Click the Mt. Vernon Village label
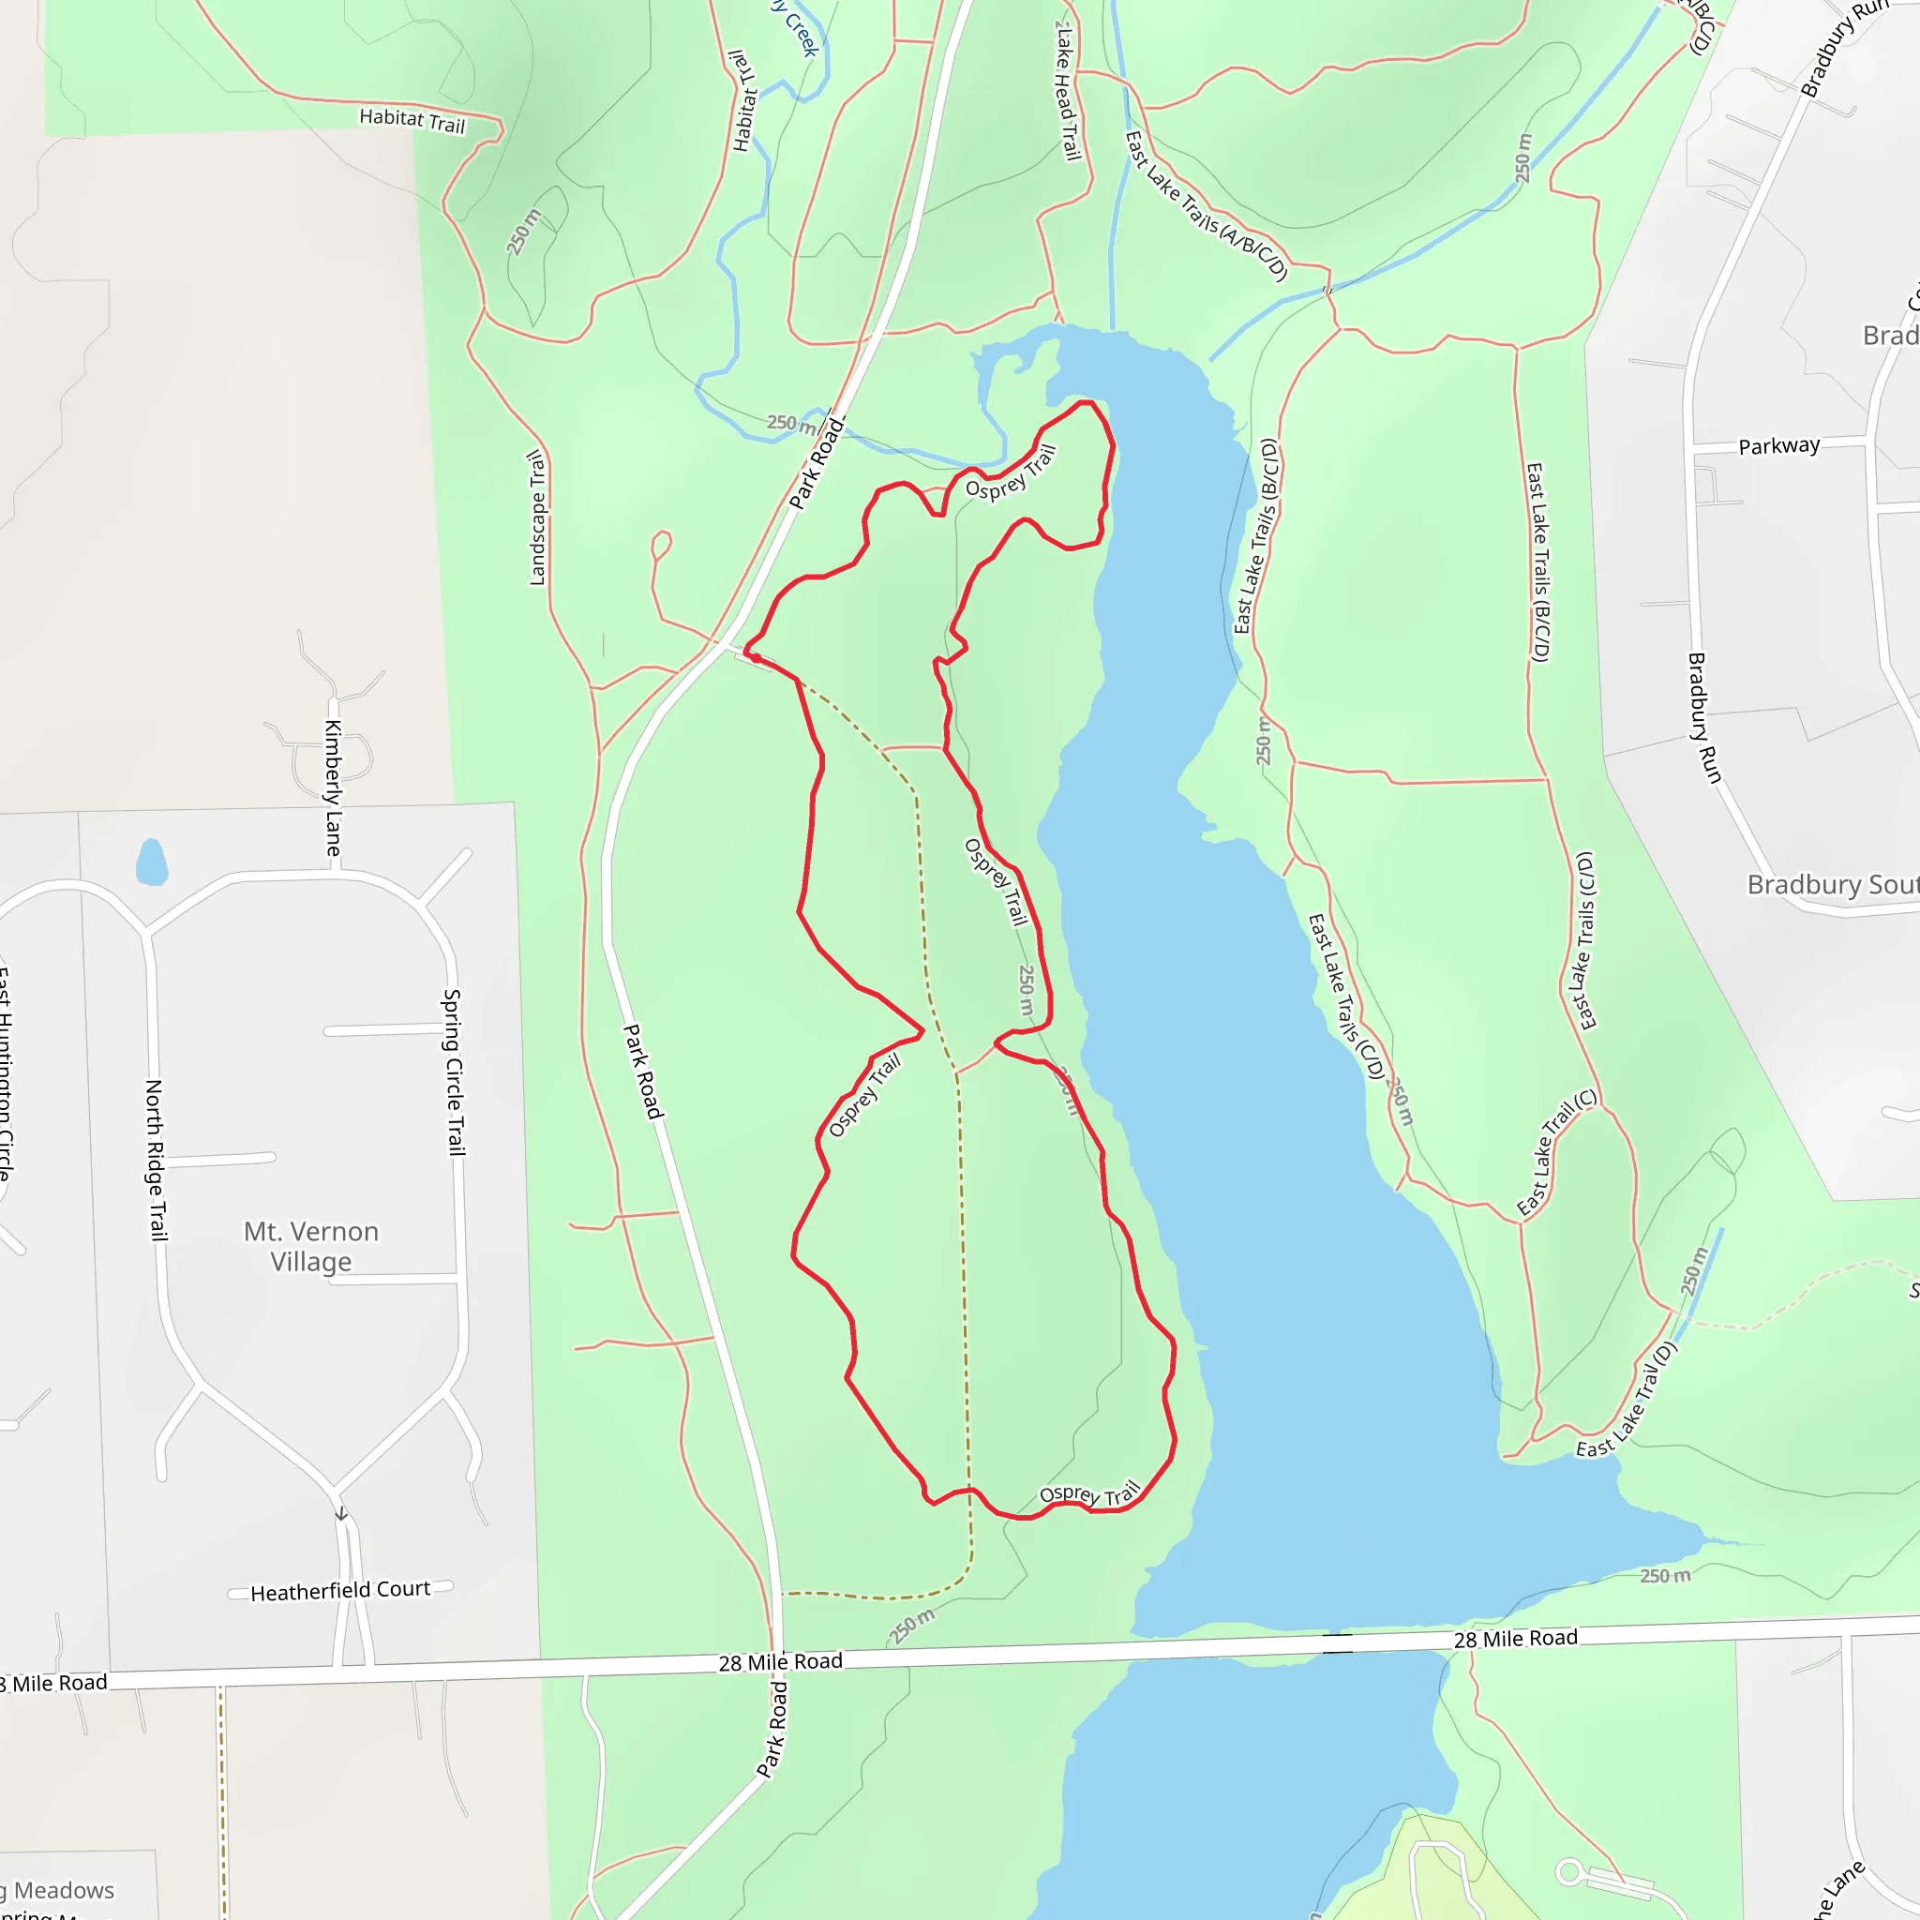point(311,1246)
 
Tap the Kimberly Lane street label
point(334,787)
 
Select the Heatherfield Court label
point(340,1591)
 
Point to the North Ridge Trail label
point(156,1160)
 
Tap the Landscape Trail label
point(536,517)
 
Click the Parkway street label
point(1778,446)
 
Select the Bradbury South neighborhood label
point(1832,884)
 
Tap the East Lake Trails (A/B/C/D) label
point(1207,206)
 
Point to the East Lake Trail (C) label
point(1556,1152)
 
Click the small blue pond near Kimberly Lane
point(151,862)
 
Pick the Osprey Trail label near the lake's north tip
point(1010,474)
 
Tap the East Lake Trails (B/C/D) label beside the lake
point(1256,536)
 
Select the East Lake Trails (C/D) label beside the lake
point(1345,996)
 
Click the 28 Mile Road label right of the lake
point(1515,1639)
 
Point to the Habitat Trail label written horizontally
point(412,120)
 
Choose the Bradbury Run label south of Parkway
point(1703,717)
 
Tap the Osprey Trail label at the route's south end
point(1089,1495)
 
